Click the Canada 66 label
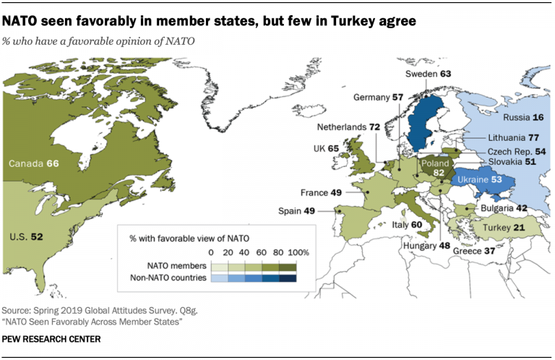[33, 165]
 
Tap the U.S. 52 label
[26, 236]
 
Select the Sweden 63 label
[429, 73]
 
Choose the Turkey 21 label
[507, 228]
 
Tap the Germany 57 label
[379, 97]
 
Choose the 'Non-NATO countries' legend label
[168, 278]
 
